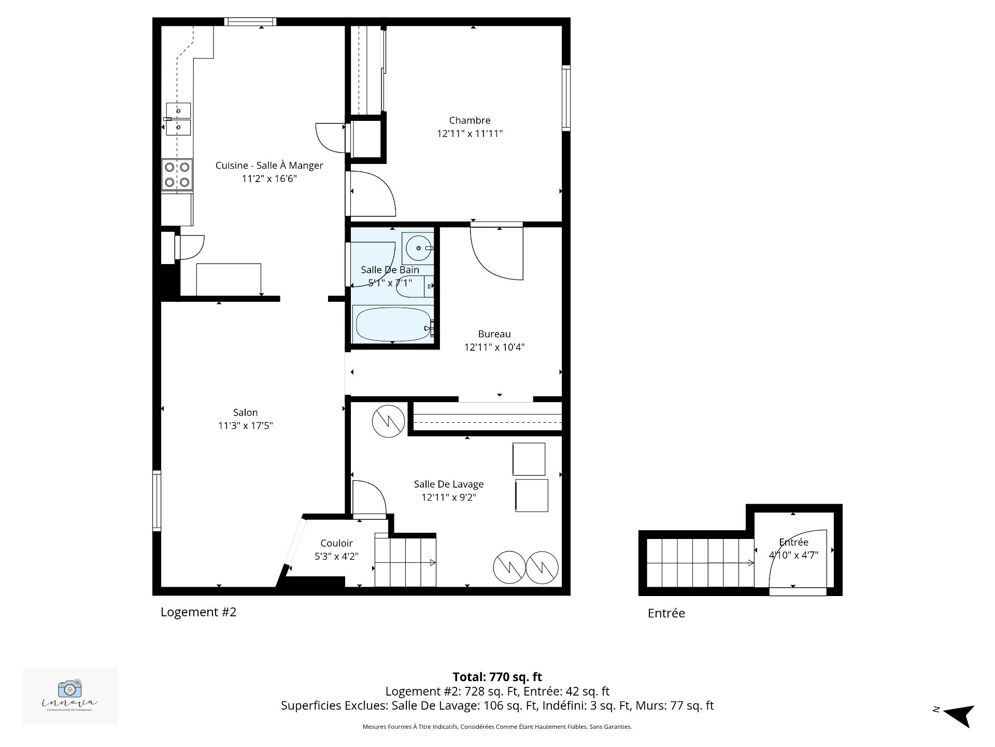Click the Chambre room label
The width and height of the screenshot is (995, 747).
point(470,120)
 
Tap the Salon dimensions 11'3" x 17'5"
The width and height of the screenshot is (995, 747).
point(245,426)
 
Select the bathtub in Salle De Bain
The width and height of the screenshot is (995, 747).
point(392,324)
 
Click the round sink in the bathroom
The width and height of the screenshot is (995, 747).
point(418,248)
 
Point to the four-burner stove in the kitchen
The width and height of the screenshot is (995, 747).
point(177,174)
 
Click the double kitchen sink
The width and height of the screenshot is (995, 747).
point(178,119)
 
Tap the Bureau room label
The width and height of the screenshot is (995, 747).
point(494,334)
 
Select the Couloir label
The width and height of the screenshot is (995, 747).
point(336,543)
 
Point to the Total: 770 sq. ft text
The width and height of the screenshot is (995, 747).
point(497,677)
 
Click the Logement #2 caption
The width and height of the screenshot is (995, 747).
point(198,612)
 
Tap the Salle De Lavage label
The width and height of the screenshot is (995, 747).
point(448,484)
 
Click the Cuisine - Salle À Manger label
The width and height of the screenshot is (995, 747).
point(269,165)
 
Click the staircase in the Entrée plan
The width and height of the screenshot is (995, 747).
point(700,563)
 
